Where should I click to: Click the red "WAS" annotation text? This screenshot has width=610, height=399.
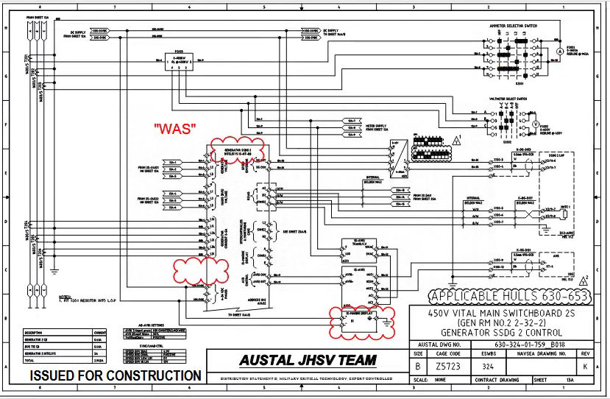174,128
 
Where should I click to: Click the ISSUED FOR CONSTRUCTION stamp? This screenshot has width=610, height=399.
116,375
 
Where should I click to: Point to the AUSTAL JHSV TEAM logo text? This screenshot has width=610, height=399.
308,361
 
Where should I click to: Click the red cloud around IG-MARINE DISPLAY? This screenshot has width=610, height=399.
360,317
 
